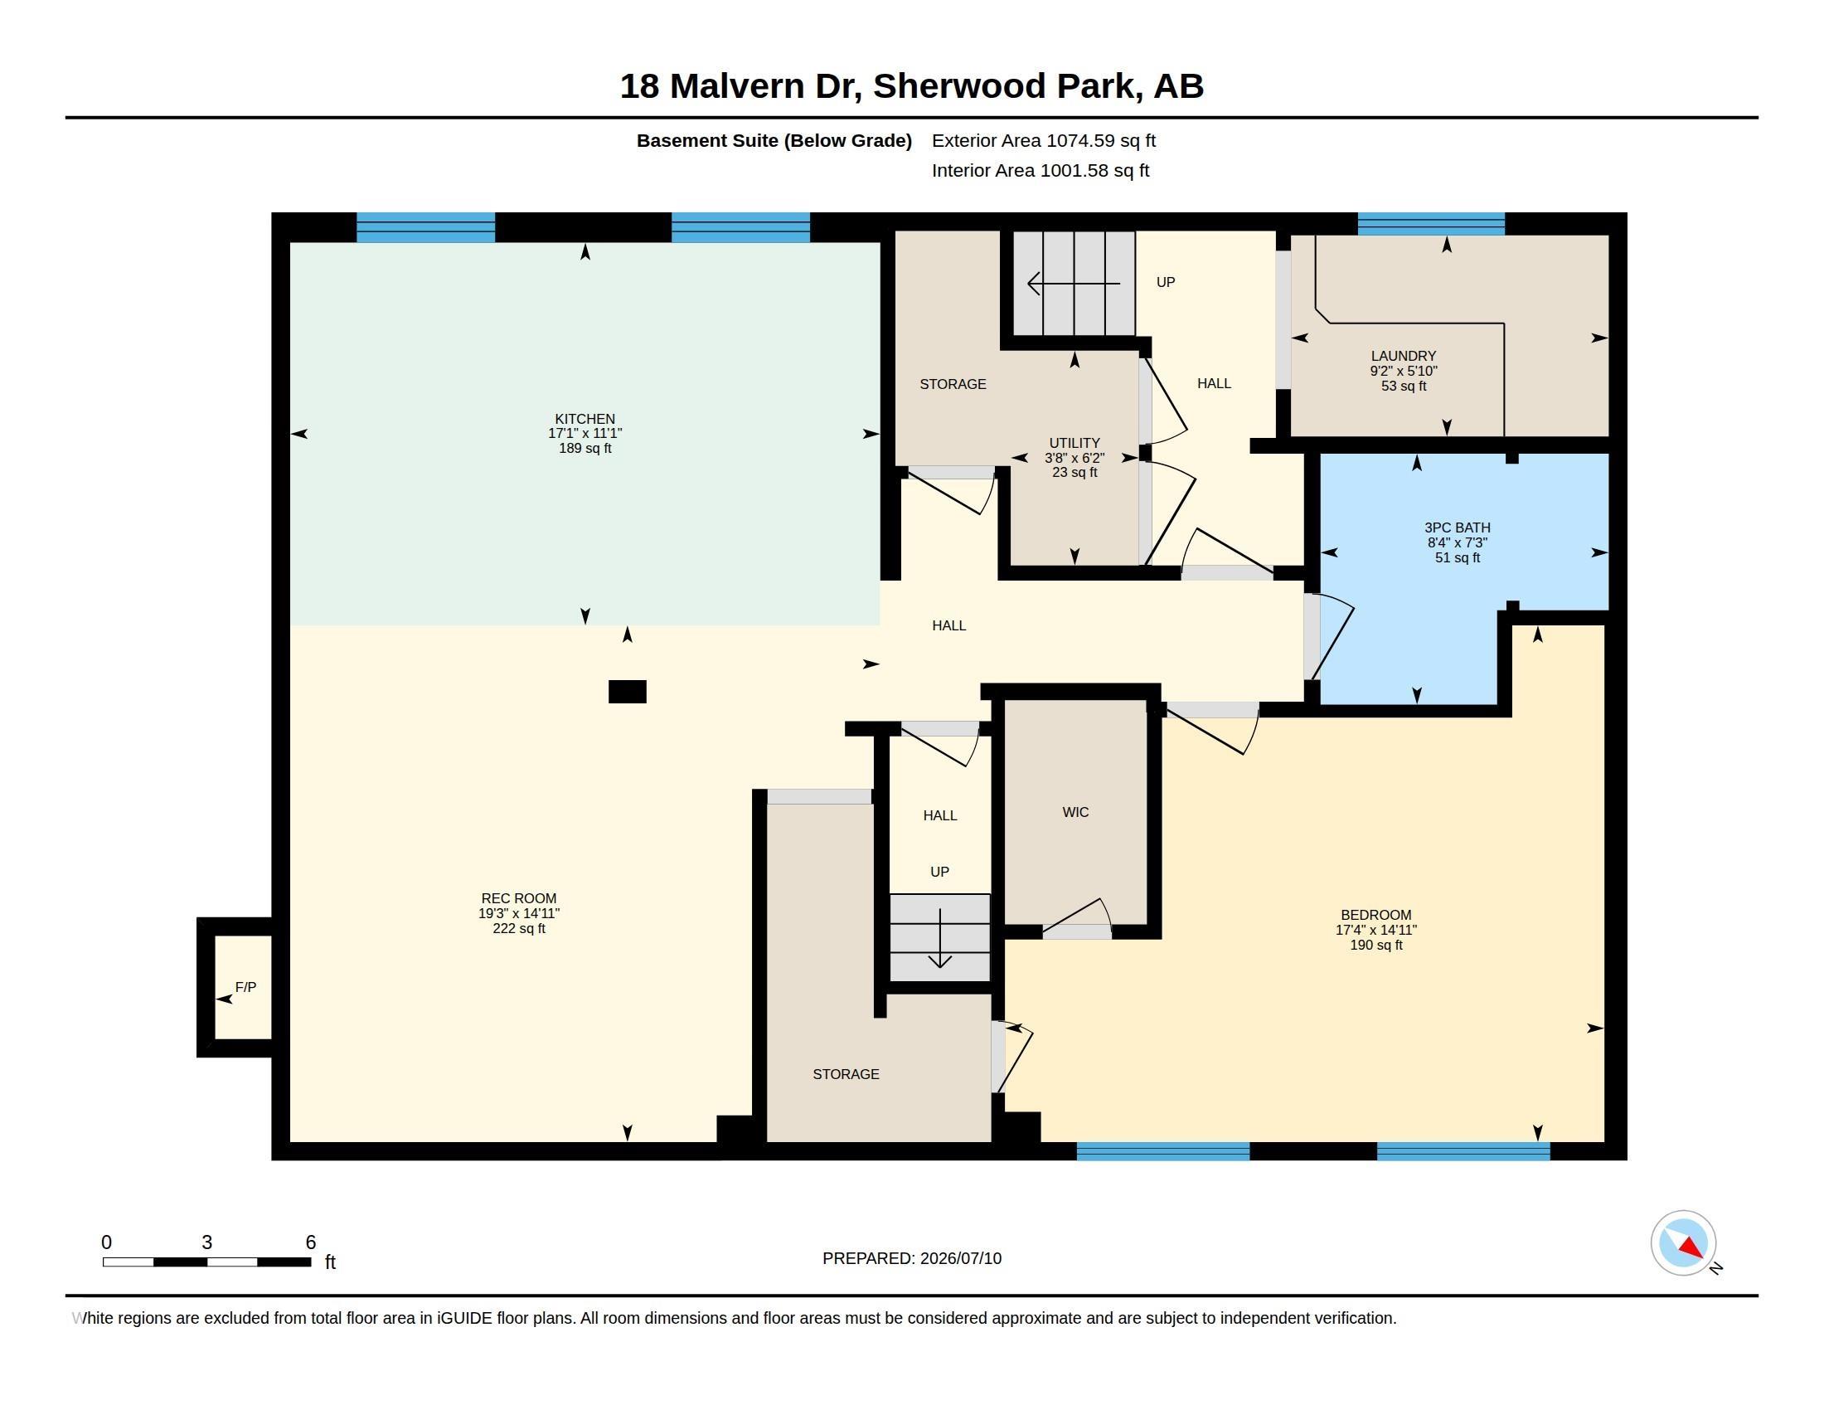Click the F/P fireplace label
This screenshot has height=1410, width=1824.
coord(245,987)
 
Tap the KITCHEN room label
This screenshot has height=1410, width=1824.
coord(585,420)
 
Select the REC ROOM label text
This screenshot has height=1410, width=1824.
coord(519,899)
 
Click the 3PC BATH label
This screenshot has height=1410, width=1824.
coord(1458,528)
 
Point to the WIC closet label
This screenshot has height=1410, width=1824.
coord(1075,812)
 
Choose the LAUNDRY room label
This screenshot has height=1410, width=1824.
coord(1403,356)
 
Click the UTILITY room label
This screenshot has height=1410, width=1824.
coord(1075,444)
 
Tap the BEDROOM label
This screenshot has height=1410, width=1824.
coord(1376,916)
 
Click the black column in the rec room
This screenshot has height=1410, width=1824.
coord(628,692)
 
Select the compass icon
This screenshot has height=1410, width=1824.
coord(1683,1243)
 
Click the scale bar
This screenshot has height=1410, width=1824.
coord(207,1262)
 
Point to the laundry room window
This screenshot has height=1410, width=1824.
coord(1431,224)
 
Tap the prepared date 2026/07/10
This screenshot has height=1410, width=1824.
coord(960,1259)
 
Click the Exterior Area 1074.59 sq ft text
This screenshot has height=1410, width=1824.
coord(1043,140)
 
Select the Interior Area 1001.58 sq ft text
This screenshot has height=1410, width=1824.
coord(1041,170)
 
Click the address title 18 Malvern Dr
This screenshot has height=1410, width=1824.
coord(740,86)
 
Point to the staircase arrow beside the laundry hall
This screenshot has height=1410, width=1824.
coord(1073,284)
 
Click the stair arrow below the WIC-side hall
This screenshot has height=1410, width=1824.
coord(940,938)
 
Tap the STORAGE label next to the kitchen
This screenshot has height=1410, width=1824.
coord(953,384)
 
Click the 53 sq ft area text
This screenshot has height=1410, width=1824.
coord(1403,386)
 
